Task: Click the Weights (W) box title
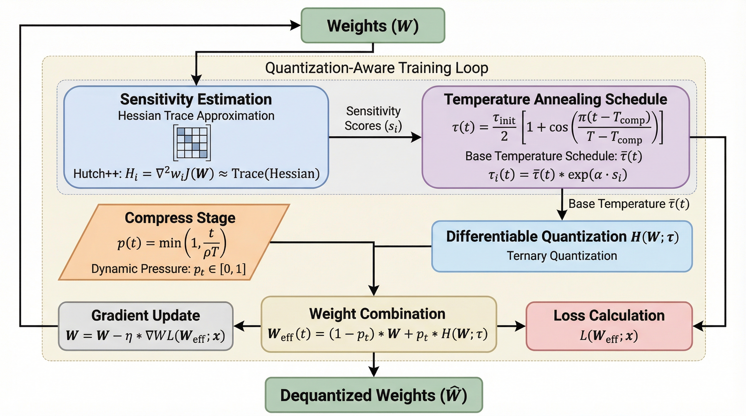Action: pyautogui.click(x=373, y=26)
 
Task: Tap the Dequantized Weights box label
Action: pyautogui.click(x=374, y=395)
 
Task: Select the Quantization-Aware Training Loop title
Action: pyautogui.click(x=377, y=68)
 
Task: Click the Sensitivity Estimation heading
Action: pyautogui.click(x=196, y=99)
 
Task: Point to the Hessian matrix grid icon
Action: pyautogui.click(x=192, y=143)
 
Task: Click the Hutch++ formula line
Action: pyautogui.click(x=196, y=174)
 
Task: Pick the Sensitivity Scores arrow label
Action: pyautogui.click(x=373, y=119)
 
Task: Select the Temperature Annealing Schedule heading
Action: pyautogui.click(x=555, y=99)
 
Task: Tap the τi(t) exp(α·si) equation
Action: pyautogui.click(x=558, y=175)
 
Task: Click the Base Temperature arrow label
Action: pyautogui.click(x=628, y=204)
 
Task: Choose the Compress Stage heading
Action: pyautogui.click(x=180, y=218)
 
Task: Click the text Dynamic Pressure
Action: pyautogui.click(x=140, y=269)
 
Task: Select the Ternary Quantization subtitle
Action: pyautogui.click(x=562, y=256)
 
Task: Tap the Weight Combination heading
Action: pyautogui.click(x=377, y=314)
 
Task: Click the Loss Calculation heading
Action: pyautogui.click(x=609, y=315)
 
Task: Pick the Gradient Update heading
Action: pyautogui.click(x=145, y=315)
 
